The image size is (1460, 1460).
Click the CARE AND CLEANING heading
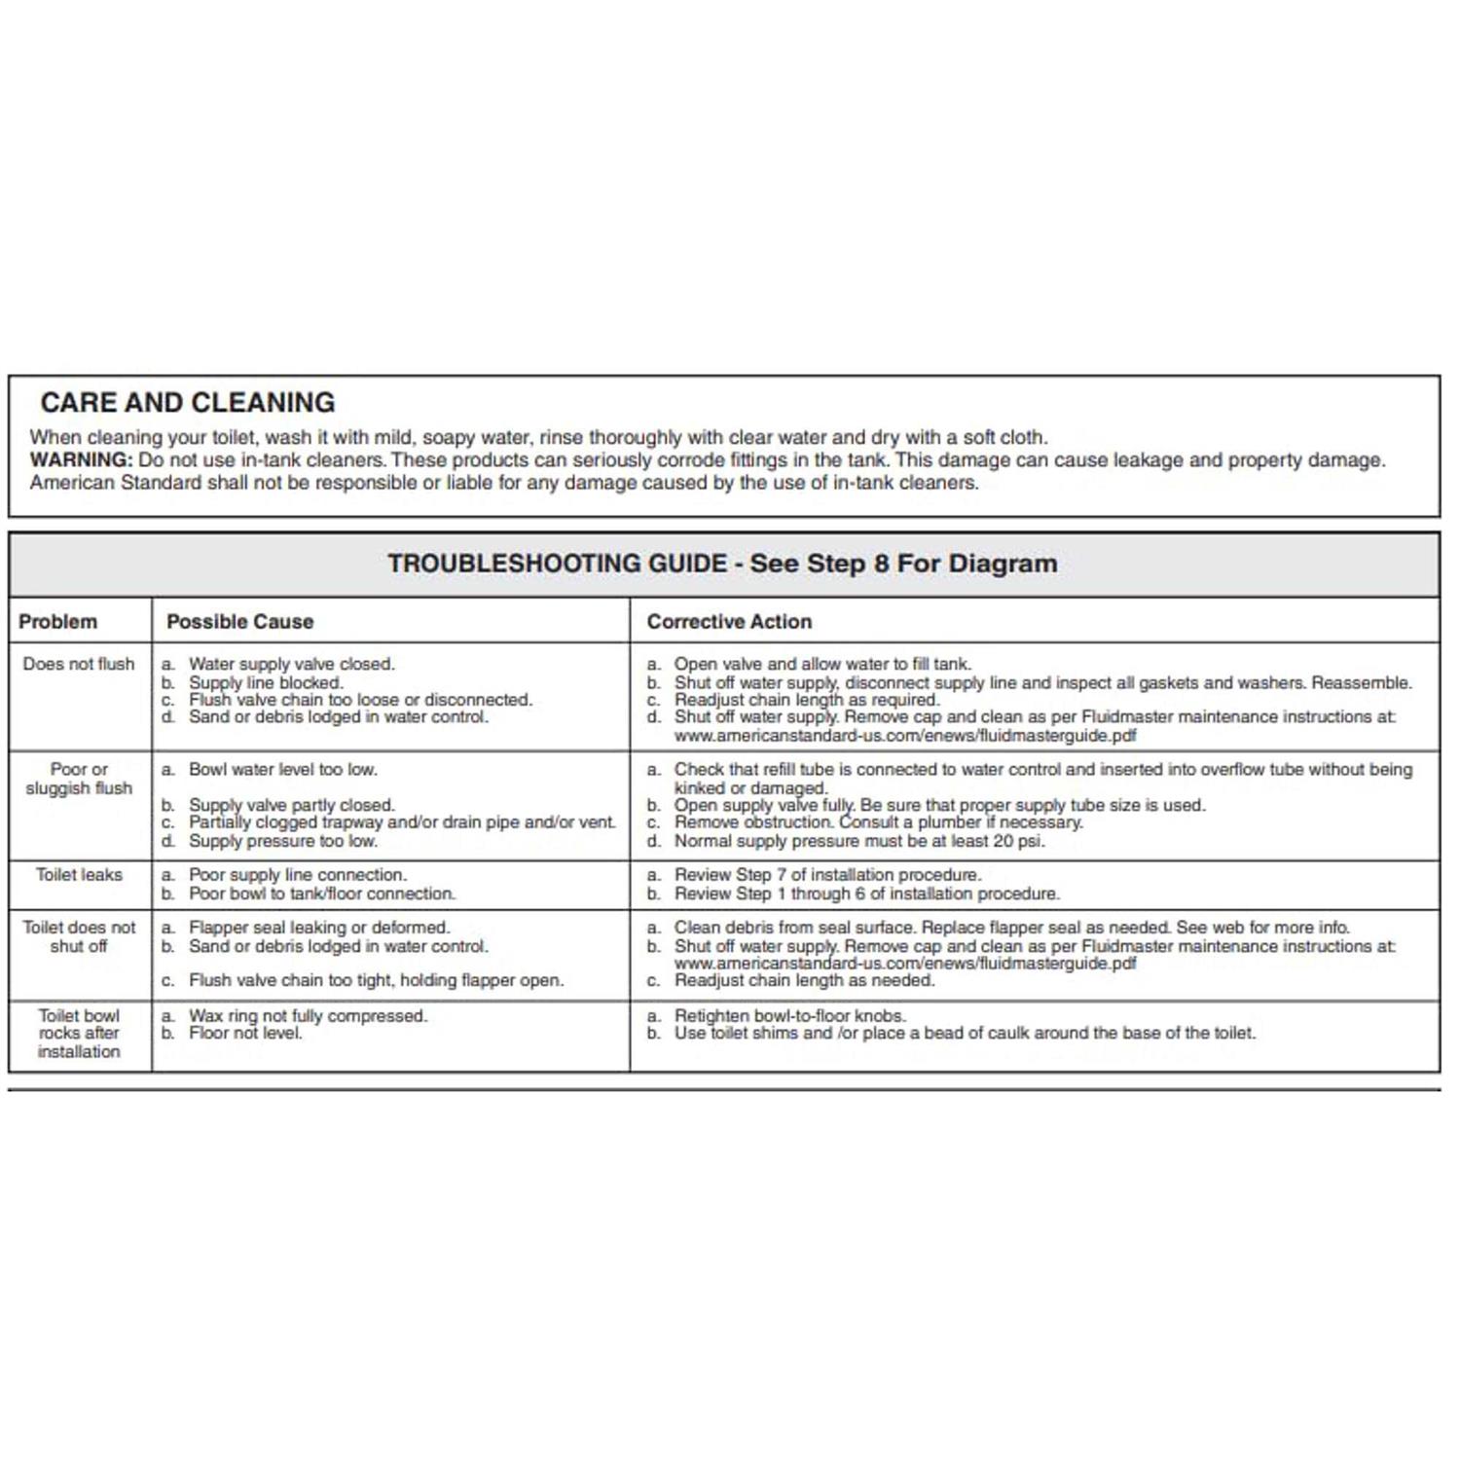[x=188, y=403]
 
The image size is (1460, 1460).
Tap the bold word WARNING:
[x=81, y=460]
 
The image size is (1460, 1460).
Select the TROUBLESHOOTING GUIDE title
[x=722, y=564]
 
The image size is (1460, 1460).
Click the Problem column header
[x=58, y=622]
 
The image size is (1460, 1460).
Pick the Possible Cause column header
[x=239, y=622]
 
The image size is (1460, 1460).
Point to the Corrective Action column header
[x=729, y=622]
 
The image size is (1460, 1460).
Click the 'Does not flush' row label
[x=79, y=664]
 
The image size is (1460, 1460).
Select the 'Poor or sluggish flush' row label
[x=79, y=779]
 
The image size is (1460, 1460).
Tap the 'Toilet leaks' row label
[x=79, y=875]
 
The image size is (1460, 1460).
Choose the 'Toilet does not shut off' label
[x=79, y=936]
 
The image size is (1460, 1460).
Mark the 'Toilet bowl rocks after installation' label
[x=79, y=1034]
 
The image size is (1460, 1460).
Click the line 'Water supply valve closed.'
[x=291, y=664]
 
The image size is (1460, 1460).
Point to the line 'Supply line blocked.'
[x=266, y=682]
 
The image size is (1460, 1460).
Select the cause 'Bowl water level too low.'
[x=282, y=769]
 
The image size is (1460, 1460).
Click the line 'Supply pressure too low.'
[x=282, y=841]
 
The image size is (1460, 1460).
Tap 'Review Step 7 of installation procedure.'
[x=827, y=875]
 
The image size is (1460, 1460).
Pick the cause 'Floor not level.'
[x=245, y=1033]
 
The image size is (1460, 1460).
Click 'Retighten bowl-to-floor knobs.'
[x=789, y=1015]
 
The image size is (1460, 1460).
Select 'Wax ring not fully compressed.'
[x=308, y=1016]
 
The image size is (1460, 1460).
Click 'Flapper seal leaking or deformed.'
[x=319, y=928]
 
